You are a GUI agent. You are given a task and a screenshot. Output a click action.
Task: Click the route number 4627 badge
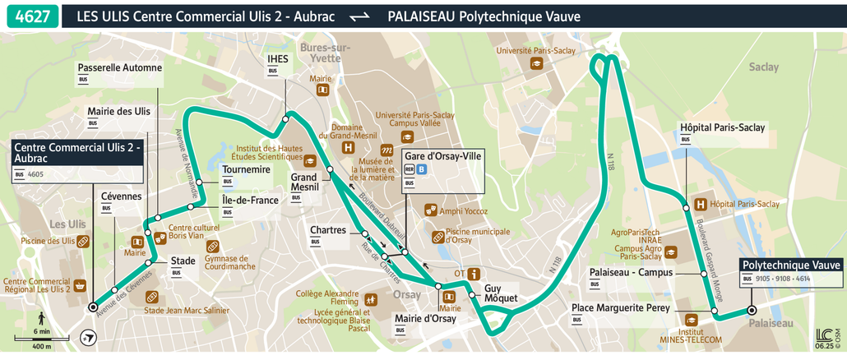click(31, 16)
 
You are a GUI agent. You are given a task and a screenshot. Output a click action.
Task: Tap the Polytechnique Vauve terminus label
click(792, 265)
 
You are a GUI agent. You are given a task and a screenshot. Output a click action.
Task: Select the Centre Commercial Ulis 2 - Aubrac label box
click(77, 152)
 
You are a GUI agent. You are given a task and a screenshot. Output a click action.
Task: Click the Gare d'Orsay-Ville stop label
click(442, 155)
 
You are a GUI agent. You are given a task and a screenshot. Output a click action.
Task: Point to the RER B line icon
click(422, 170)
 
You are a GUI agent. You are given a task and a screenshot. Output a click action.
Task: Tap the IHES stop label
click(278, 59)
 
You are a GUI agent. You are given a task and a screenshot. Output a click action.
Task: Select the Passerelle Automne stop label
click(119, 67)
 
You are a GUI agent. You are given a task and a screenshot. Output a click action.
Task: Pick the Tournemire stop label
click(246, 169)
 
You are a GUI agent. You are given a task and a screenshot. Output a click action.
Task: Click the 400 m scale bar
click(30, 339)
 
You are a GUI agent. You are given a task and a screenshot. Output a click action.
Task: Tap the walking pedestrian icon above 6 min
click(41, 320)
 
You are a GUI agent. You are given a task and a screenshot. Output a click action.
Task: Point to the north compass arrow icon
click(89, 337)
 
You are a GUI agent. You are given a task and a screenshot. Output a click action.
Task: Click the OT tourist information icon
click(474, 274)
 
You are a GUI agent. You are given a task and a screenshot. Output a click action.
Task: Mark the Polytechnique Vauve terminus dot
click(752, 310)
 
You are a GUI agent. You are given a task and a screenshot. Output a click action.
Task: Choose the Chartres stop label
click(328, 230)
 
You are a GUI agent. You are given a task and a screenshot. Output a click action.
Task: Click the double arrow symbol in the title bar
click(359, 16)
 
